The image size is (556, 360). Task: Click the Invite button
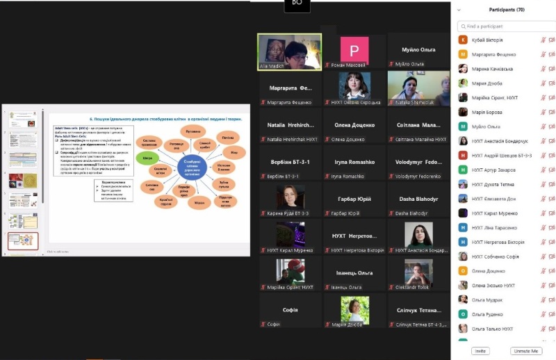[479, 351]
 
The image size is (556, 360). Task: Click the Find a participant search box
[505, 26]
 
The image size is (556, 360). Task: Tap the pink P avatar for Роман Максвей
[354, 50]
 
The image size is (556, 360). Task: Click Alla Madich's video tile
[289, 51]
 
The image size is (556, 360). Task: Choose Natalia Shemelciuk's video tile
[418, 88]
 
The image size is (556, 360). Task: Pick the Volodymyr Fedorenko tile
[418, 167]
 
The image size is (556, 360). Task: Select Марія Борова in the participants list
[486, 112]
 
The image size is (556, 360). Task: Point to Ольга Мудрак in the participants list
[487, 299]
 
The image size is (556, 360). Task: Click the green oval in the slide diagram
[148, 158]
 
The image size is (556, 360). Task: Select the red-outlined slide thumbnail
[23, 241]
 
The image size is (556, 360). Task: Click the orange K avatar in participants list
[463, 40]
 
